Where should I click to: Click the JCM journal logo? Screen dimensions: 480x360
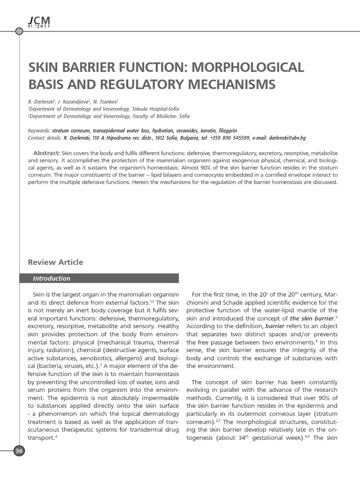pos(39,22)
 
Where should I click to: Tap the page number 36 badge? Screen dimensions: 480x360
pos(19,451)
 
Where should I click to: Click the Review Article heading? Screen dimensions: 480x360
pos(55,262)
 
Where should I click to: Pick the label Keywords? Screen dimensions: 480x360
pos(39,130)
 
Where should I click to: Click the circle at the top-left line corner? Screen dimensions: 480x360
pos(19,32)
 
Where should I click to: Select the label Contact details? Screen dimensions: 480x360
pos(45,138)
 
